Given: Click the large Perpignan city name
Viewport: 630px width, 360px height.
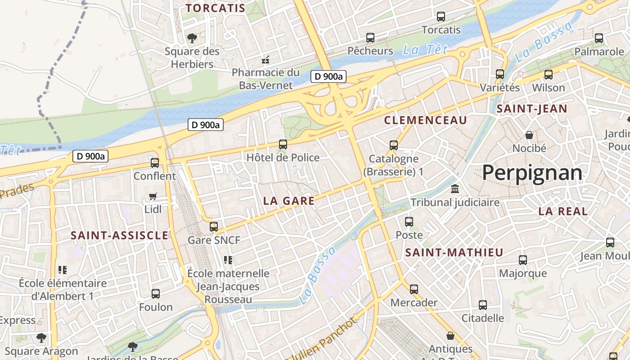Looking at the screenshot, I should [x=532, y=173].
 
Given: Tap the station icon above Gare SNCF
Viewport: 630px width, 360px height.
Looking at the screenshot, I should [x=214, y=226].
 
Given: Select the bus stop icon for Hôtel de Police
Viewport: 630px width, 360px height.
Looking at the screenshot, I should [x=283, y=144].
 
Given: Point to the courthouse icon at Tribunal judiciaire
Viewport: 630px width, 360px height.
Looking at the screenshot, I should [x=455, y=189].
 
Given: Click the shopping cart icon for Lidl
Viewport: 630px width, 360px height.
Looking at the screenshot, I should [x=153, y=196].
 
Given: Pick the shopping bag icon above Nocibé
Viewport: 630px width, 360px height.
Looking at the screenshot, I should [x=529, y=135].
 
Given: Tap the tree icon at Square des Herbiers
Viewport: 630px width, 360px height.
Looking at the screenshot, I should [x=192, y=38].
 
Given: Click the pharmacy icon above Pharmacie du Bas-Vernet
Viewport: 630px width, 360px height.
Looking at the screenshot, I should [x=265, y=59].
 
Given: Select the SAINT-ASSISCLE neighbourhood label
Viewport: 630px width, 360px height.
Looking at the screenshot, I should [x=120, y=235].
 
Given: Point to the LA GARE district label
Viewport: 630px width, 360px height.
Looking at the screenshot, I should [x=289, y=201].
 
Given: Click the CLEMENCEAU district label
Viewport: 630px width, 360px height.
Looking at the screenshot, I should [x=426, y=120].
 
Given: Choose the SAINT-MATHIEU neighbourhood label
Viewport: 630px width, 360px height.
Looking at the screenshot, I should [x=454, y=253].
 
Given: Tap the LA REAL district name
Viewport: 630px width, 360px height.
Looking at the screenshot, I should [x=563, y=211].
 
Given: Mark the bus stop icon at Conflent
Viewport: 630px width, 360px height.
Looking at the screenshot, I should [x=155, y=162].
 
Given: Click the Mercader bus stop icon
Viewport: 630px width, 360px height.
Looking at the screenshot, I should [x=414, y=289].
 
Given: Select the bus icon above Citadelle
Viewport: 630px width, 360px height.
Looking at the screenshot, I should [x=483, y=305].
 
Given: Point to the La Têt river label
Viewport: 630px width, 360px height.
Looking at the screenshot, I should [x=420, y=49].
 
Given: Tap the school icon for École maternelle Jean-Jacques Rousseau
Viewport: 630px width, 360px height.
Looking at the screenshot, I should [x=228, y=260].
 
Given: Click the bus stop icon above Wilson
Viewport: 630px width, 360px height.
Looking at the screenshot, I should [x=548, y=75].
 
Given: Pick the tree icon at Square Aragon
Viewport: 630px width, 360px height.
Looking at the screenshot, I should [x=41, y=337].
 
